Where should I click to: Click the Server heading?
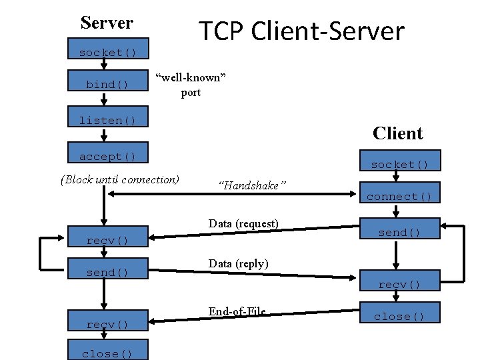[107, 23]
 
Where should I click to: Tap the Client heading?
[397, 133]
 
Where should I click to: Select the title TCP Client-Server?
[301, 31]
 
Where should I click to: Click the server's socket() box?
[107, 52]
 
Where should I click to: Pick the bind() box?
[107, 85]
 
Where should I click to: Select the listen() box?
[107, 120]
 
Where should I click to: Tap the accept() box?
[107, 156]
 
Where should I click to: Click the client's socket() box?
[399, 164]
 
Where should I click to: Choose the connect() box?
[399, 196]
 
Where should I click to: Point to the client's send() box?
[399, 232]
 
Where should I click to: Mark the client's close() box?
[399, 317]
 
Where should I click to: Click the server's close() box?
[107, 353]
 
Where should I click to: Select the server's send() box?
[107, 272]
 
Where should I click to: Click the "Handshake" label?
[252, 185]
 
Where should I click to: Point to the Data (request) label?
[243, 223]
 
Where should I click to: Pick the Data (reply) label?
[238, 264]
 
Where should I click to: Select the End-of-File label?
[237, 311]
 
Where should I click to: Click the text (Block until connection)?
[120, 179]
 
